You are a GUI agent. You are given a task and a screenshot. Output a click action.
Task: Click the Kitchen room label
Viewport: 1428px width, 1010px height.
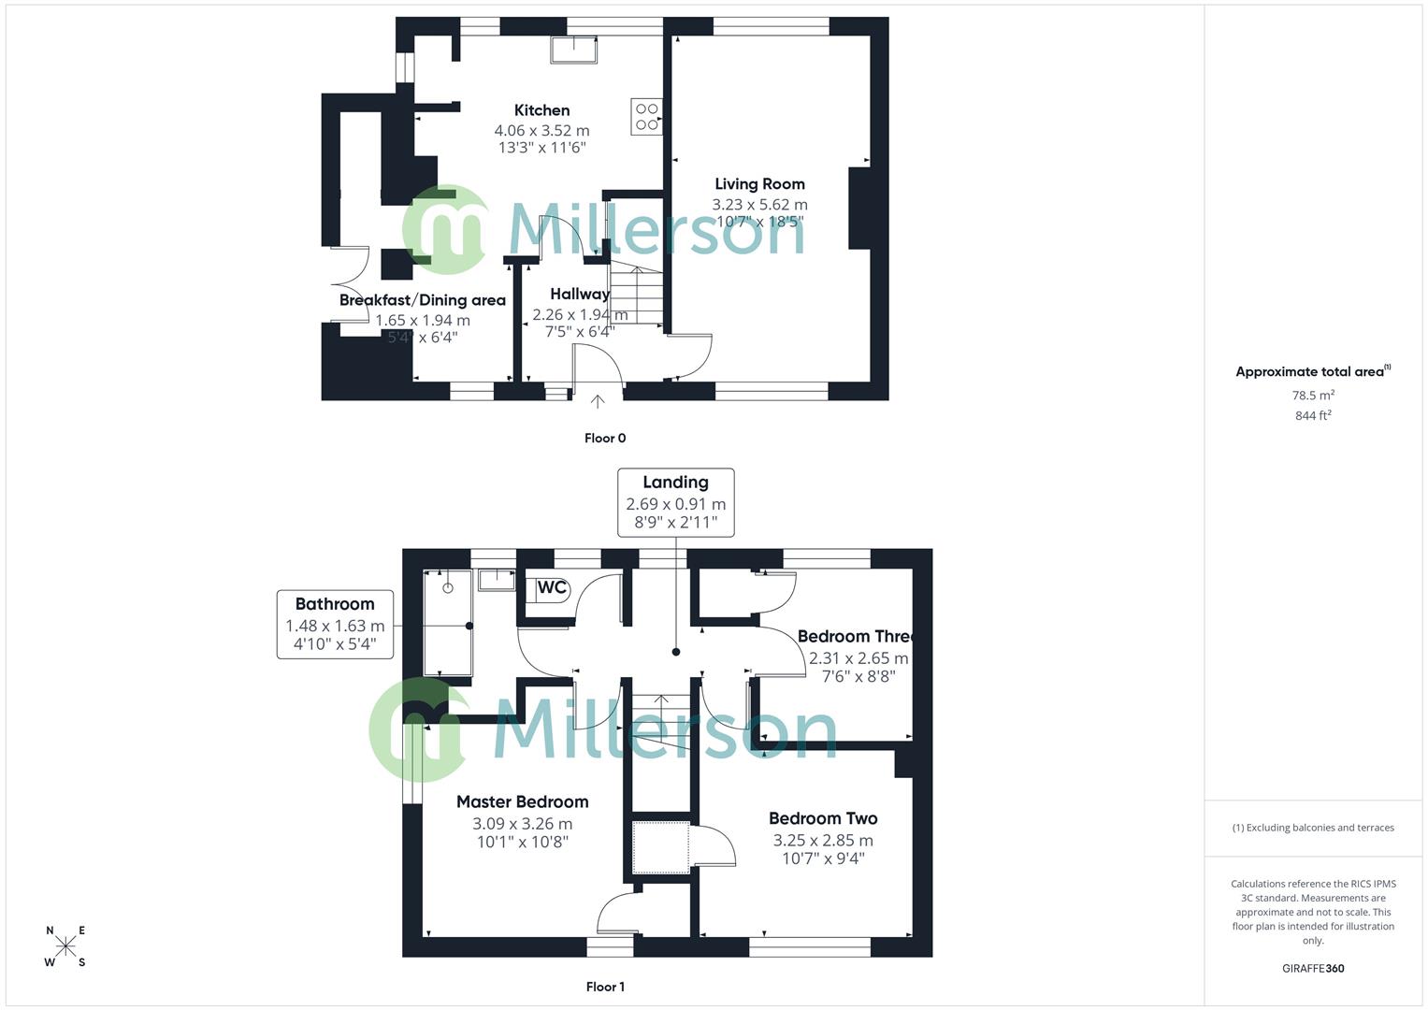click(x=541, y=110)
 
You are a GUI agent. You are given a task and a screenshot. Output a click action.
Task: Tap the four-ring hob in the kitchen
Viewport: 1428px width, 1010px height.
click(x=647, y=117)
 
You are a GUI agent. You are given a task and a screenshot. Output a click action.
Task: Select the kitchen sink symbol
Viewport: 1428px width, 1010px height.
click(x=573, y=50)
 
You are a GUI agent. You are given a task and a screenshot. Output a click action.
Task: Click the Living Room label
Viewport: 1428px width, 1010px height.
click(x=759, y=184)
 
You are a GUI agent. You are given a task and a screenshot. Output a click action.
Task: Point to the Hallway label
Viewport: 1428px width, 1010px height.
click(x=580, y=294)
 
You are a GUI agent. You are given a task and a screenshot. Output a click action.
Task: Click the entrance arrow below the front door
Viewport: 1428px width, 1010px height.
click(x=598, y=401)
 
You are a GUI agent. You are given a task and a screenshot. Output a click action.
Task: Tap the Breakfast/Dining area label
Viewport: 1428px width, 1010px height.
click(x=422, y=300)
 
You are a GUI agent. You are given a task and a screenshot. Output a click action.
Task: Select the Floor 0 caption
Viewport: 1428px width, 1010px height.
click(x=605, y=438)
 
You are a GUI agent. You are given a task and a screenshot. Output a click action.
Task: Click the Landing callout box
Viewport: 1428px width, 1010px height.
click(x=675, y=502)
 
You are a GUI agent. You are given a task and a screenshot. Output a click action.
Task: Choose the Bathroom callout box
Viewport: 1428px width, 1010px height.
click(x=335, y=624)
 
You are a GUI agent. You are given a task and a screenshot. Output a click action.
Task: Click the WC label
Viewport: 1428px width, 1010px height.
click(x=552, y=588)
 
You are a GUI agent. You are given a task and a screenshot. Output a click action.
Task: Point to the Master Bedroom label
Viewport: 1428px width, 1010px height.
click(x=522, y=801)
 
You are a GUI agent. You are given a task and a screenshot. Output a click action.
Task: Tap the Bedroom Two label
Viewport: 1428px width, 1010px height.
click(x=823, y=818)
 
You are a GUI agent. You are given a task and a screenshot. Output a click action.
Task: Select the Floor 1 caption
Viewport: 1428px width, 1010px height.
click(x=605, y=987)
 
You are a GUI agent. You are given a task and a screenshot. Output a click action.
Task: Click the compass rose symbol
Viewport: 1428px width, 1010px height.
click(x=65, y=946)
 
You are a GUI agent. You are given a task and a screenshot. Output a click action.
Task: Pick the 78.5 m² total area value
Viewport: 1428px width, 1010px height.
click(x=1313, y=396)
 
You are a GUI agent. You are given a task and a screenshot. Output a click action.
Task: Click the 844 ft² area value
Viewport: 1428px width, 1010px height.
click(x=1313, y=415)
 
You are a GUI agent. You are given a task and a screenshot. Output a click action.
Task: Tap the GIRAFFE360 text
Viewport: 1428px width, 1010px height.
click(x=1313, y=968)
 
